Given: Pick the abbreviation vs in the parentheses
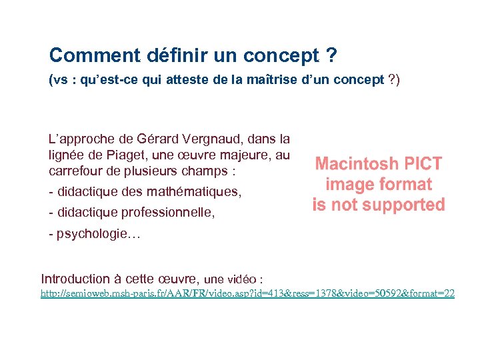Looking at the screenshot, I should tap(60, 81).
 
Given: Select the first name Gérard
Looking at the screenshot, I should tap(157, 140).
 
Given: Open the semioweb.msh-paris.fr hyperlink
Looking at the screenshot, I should tap(247, 293).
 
